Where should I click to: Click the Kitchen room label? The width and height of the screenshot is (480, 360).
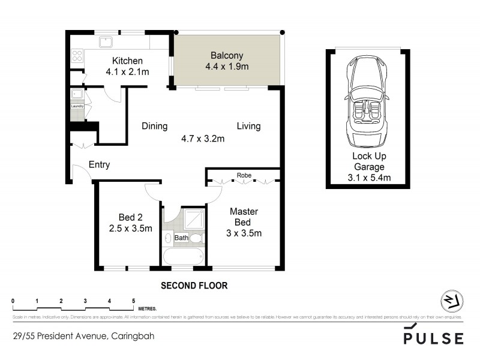tap(127, 61)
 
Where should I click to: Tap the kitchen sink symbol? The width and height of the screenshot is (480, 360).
tap(106, 42)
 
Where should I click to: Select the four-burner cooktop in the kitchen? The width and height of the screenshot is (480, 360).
tap(77, 55)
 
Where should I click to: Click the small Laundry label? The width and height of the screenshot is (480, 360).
tap(77, 106)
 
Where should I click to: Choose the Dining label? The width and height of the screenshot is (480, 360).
tap(154, 126)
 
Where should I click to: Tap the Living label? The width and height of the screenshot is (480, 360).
tap(248, 126)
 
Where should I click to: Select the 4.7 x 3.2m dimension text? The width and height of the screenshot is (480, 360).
tap(203, 139)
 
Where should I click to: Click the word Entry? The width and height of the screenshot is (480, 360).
tap(99, 164)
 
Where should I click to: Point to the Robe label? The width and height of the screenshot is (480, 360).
tap(244, 175)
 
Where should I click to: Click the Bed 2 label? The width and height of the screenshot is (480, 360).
tap(130, 217)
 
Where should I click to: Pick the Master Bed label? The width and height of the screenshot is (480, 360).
tap(244, 217)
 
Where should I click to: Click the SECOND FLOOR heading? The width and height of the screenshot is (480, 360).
tap(194, 286)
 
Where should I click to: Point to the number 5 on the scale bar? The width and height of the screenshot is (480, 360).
tap(133, 300)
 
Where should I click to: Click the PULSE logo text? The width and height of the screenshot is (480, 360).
tap(434, 338)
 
